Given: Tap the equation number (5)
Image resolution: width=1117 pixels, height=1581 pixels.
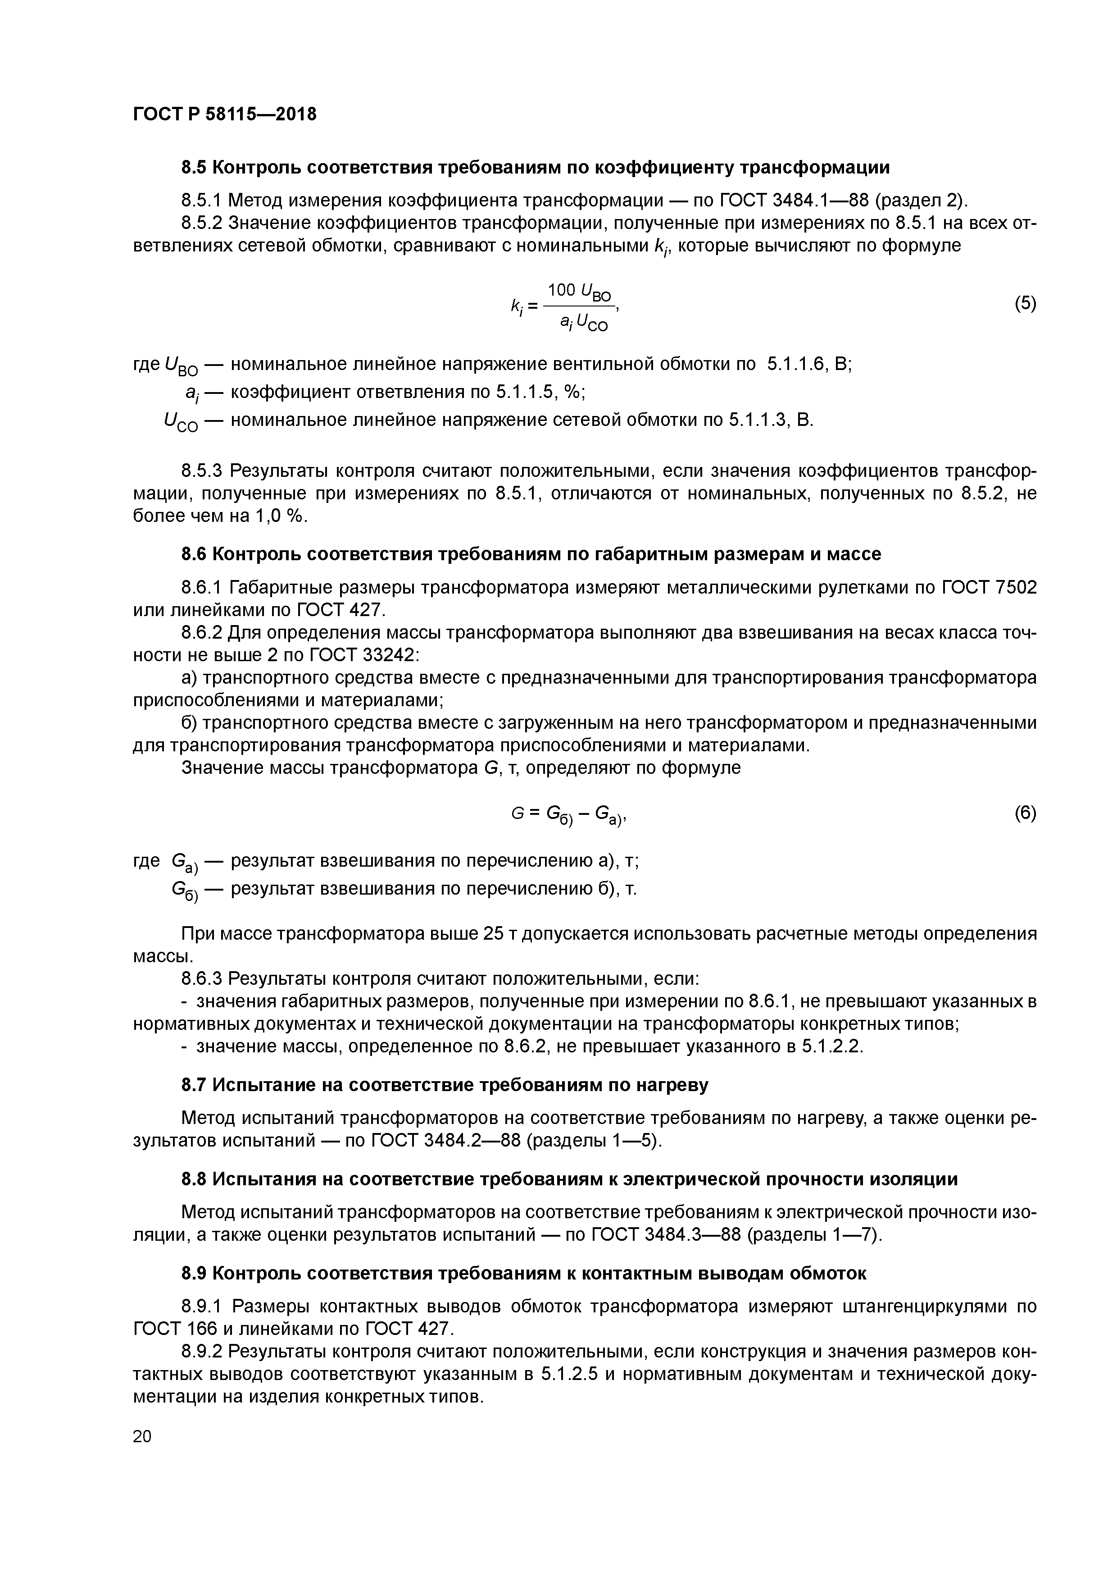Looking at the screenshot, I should click(x=1025, y=304).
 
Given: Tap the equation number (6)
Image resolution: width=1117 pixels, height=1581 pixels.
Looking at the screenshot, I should click(x=1025, y=813).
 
